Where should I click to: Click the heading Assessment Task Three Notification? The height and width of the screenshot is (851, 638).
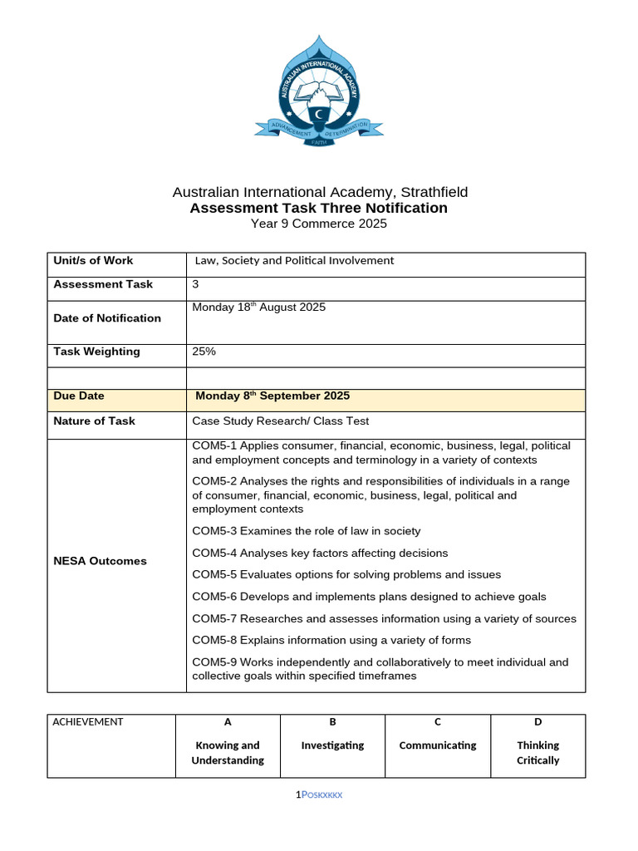[x=318, y=208]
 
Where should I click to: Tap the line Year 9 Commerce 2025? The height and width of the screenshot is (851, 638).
[x=319, y=224]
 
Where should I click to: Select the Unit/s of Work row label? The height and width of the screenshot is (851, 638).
[x=93, y=261]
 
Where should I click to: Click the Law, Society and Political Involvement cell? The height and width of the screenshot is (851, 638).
[x=294, y=261]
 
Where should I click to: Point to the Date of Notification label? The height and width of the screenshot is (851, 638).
[x=107, y=318]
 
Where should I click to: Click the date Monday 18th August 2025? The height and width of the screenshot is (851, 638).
[x=258, y=307]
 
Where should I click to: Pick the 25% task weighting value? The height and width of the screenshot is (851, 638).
[x=204, y=352]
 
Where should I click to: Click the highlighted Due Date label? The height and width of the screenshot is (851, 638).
[x=79, y=396]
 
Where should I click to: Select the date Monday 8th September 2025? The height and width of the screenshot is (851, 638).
[x=272, y=396]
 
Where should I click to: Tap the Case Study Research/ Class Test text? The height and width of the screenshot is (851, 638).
[x=280, y=421]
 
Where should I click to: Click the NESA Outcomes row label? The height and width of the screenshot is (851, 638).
[x=100, y=561]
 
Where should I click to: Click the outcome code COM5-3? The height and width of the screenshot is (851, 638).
[x=214, y=531]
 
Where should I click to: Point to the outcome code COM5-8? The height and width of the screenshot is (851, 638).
[x=214, y=641]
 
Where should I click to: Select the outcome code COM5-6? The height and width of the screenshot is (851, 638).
[x=214, y=597]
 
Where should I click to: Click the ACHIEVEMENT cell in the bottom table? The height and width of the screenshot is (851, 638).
[x=88, y=722]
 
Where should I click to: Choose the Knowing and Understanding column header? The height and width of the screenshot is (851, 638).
[x=228, y=753]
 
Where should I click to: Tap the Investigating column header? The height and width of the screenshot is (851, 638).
[x=332, y=745]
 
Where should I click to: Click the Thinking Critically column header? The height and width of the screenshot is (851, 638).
[x=537, y=753]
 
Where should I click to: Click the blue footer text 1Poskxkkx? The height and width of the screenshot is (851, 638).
[x=319, y=795]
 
